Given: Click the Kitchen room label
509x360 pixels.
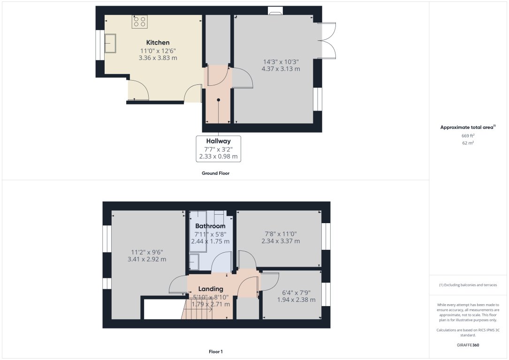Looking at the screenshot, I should point(158,43).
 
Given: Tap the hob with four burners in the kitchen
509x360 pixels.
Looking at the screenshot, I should point(139,21).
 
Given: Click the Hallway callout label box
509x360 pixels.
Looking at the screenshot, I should point(218,149).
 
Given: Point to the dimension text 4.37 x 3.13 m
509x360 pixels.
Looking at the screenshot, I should point(281,69).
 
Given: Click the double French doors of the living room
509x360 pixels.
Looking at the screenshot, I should point(328,40).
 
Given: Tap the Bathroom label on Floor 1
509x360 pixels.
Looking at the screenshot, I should point(210,226).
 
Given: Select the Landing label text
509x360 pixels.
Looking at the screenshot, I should point(211,289).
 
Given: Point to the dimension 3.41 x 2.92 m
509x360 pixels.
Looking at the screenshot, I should point(147,259).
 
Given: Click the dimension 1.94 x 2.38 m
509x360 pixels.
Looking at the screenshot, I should point(296,300).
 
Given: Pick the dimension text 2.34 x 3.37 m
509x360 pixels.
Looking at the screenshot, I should point(281,241).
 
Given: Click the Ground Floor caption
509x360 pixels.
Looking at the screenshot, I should point(216,173).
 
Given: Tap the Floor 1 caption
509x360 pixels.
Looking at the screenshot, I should point(216,351).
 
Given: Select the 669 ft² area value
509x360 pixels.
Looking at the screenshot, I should point(468,135).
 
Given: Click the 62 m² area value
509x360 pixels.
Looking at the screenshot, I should point(468,142).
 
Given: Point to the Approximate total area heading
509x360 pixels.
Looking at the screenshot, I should point(467,127).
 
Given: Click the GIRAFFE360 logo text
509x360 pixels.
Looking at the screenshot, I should point(468,345).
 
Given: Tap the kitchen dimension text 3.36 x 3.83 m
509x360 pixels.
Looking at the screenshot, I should point(158,58).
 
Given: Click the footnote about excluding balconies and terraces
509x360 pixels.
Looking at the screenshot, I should point(468,285).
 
